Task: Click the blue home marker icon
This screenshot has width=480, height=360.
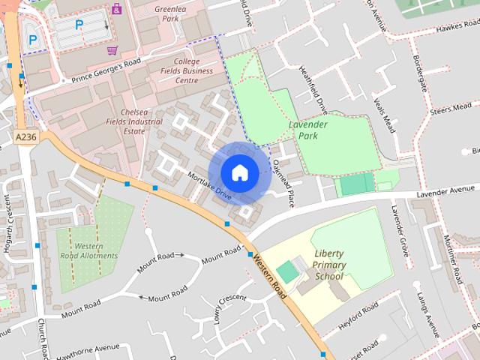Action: point(239,172)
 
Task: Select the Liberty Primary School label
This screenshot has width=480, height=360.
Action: point(329,265)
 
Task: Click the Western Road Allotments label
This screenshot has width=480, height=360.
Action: point(89,250)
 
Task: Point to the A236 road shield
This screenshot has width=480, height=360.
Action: point(25,136)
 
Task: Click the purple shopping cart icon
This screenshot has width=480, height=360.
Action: point(112,50)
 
